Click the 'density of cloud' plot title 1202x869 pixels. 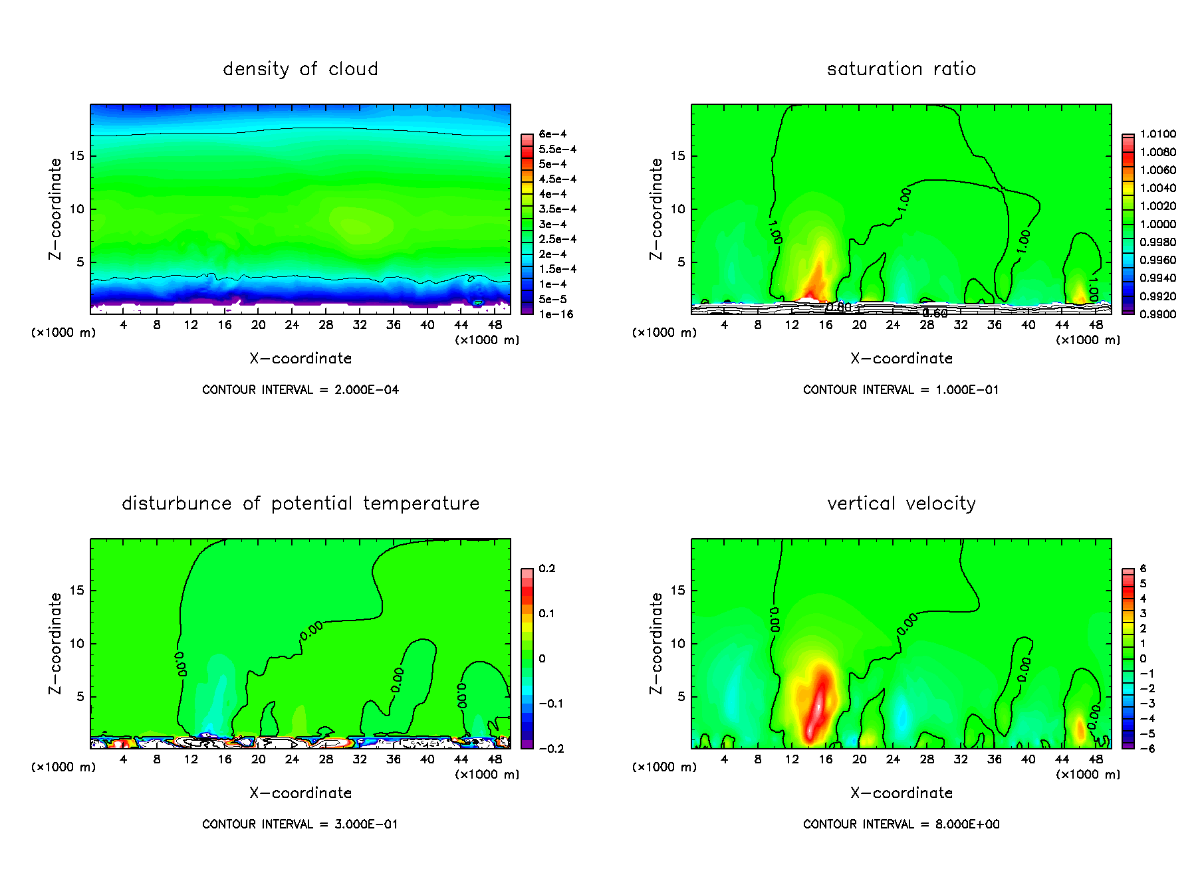pyautogui.click(x=300, y=69)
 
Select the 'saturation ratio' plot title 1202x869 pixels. pyautogui.click(x=901, y=69)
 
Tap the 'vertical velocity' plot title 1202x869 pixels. pyautogui.click(x=901, y=504)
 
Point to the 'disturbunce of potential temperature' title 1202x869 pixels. pyautogui.click(x=300, y=504)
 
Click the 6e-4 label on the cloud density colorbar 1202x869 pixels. pyautogui.click(x=552, y=134)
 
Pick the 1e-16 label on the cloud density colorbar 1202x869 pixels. pyautogui.click(x=556, y=314)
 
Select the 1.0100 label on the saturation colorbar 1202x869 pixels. pyautogui.click(x=1157, y=134)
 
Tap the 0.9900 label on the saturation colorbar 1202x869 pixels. pyautogui.click(x=1157, y=314)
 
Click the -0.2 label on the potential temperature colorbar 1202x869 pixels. pyautogui.click(x=551, y=749)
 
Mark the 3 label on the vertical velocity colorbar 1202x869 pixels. pyautogui.click(x=1143, y=614)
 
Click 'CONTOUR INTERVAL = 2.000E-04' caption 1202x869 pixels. pyautogui.click(x=300, y=390)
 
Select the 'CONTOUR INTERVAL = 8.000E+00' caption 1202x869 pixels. pyautogui.click(x=901, y=824)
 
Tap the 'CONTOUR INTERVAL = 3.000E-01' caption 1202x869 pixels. pyautogui.click(x=300, y=824)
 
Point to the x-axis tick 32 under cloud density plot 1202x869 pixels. pyautogui.click(x=360, y=325)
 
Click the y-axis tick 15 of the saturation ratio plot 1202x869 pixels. pyautogui.click(x=677, y=156)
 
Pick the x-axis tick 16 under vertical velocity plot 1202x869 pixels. pyautogui.click(x=826, y=759)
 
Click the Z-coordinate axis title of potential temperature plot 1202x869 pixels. pyautogui.click(x=55, y=643)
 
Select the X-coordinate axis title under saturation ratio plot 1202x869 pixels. pyautogui.click(x=901, y=359)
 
